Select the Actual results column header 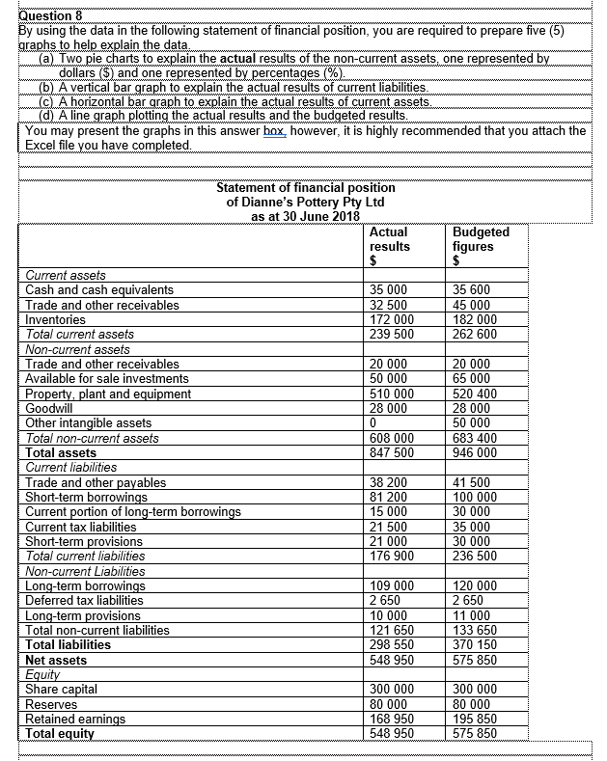(389, 246)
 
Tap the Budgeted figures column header (481, 246)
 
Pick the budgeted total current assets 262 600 (475, 335)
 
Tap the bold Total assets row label (61, 452)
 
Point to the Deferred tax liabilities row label (84, 600)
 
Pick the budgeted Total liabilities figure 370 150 (475, 644)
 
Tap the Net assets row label (56, 660)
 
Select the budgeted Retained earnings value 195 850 (475, 719)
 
